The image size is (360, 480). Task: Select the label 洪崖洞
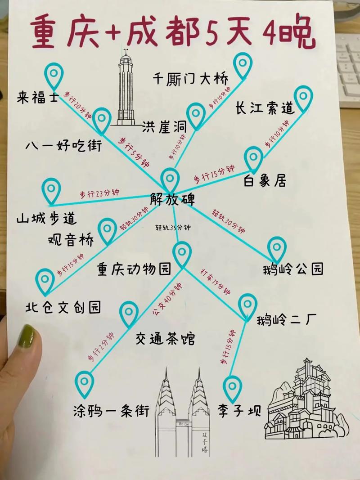[x=164, y=127]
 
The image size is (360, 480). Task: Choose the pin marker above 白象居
[x=253, y=158]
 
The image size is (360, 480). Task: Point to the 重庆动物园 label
[x=134, y=269]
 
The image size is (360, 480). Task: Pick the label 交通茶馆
[x=165, y=338]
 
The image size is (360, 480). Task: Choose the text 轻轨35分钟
[x=173, y=228]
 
